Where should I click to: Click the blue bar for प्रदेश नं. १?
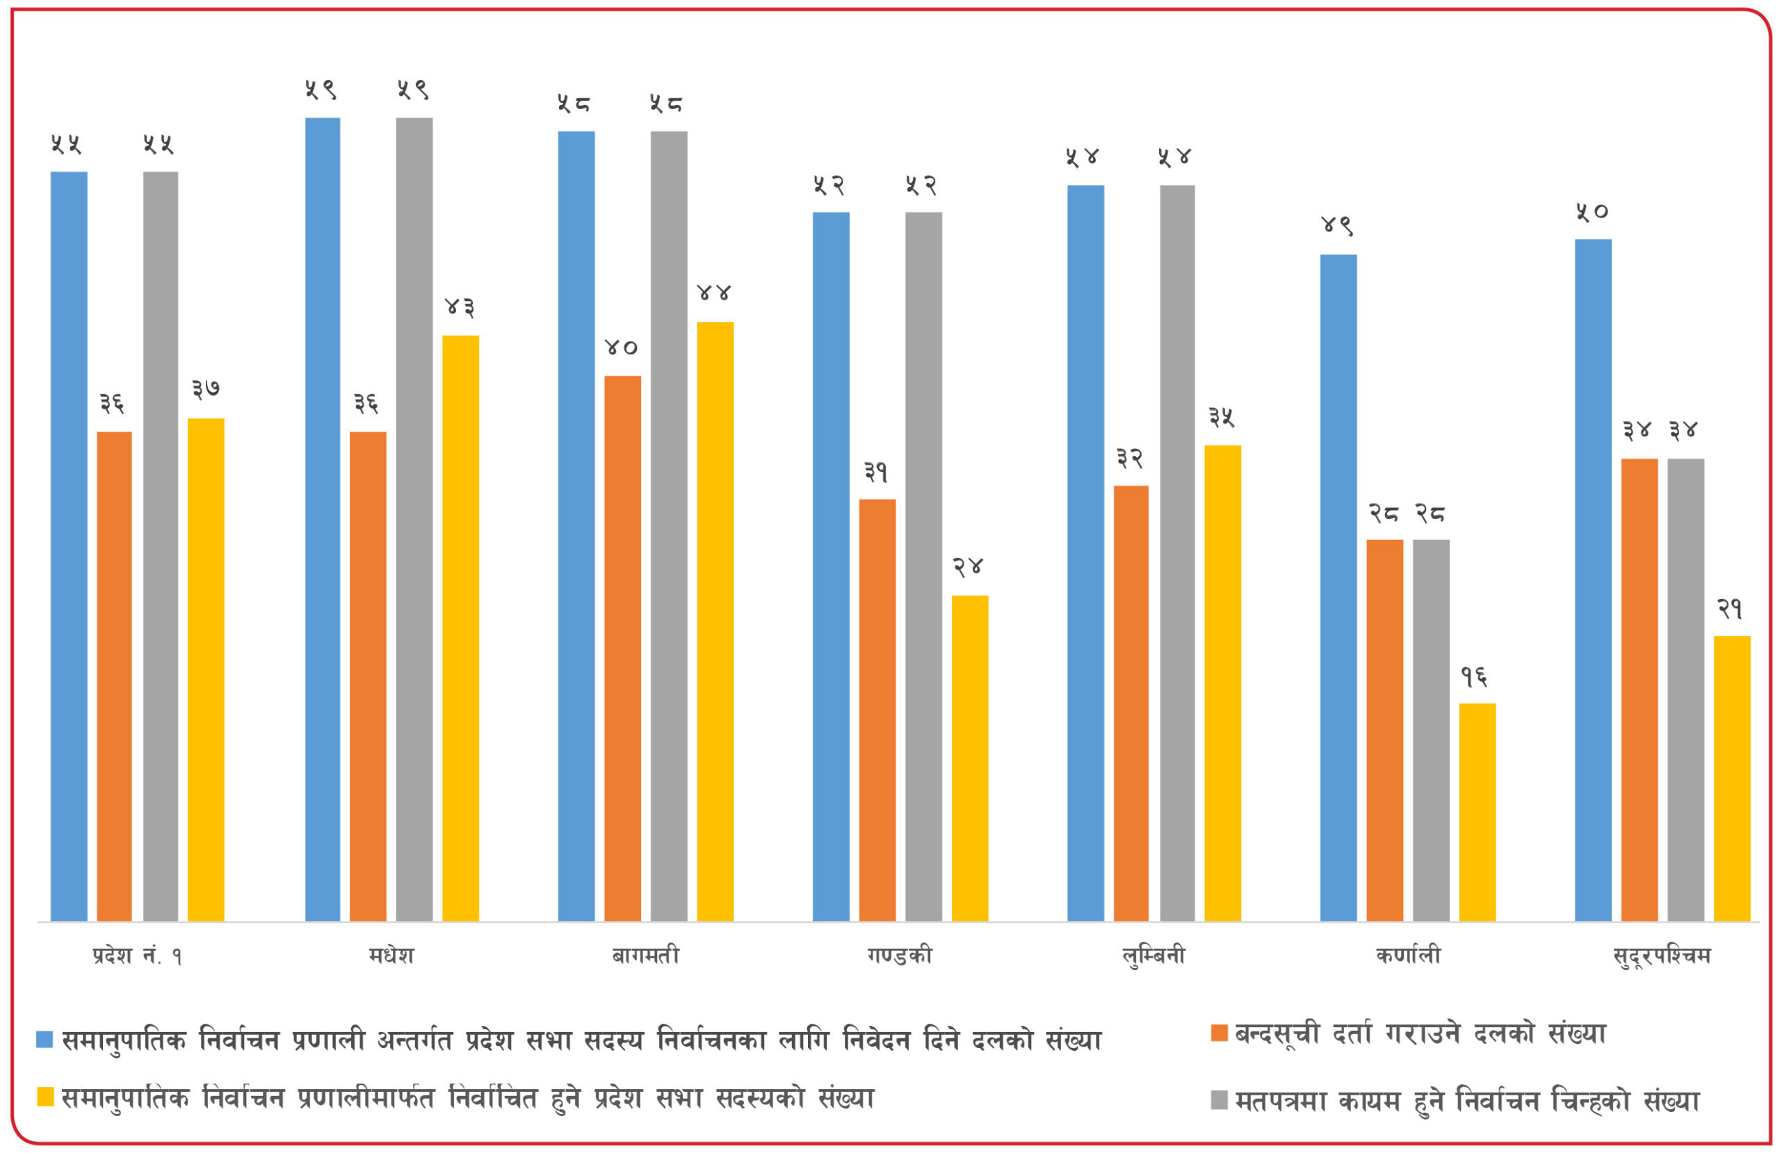click(69, 546)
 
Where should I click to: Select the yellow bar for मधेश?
click(460, 628)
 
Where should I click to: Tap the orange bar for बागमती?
click(622, 648)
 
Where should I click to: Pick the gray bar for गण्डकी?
click(923, 566)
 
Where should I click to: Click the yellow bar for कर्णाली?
click(1477, 812)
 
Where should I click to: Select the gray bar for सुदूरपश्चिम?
click(1685, 689)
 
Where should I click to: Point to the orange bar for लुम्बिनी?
click(1131, 703)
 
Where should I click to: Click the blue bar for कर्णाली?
click(1338, 588)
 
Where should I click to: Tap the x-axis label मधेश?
click(391, 956)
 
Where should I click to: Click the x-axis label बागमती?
click(645, 956)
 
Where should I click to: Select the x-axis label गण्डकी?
click(900, 956)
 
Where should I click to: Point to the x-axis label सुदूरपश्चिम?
click(1662, 956)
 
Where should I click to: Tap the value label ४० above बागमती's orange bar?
click(621, 347)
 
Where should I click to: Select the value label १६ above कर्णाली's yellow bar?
click(1474, 677)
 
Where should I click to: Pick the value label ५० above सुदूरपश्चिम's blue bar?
click(1592, 211)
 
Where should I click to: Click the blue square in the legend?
click(45, 1039)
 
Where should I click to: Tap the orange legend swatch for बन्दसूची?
click(1219, 1033)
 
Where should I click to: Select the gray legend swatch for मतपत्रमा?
click(1219, 1100)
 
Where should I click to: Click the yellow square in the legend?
click(45, 1097)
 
